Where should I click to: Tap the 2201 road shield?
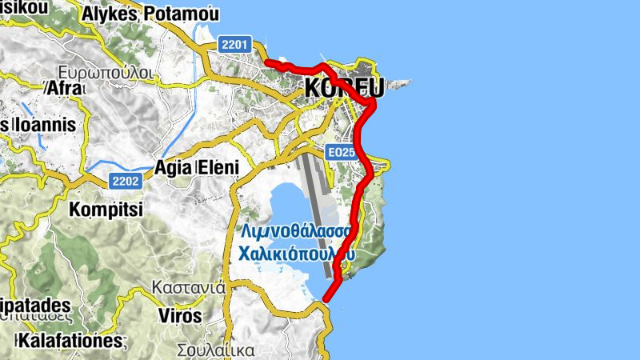(237, 46)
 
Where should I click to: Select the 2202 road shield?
(126, 181)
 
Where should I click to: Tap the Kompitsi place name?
(106, 210)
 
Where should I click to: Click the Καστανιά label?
(189, 286)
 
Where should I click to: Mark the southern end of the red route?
(326, 299)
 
